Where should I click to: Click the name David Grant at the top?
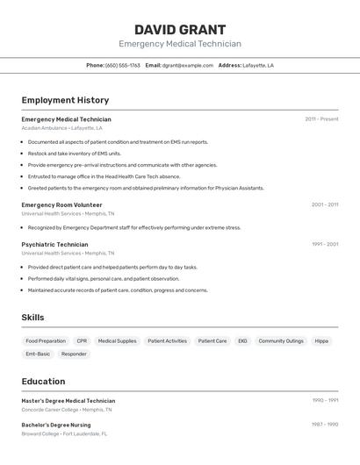180,30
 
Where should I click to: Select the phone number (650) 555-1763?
122,65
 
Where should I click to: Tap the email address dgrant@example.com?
187,65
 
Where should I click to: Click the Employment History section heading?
65,100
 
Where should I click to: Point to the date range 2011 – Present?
321,119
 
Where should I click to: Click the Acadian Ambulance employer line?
61,128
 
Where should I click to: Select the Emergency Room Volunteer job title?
61,204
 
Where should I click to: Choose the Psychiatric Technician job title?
54,245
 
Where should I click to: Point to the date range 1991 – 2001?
324,245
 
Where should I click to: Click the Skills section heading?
32,318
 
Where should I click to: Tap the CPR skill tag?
82,340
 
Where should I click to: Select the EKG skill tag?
242,340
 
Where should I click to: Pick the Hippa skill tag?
321,340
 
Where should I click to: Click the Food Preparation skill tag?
46,340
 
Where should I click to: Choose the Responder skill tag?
74,354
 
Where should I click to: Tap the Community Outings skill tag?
281,340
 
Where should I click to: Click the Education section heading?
43,382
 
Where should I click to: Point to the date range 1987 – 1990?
324,425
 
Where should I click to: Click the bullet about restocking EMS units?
74,154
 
